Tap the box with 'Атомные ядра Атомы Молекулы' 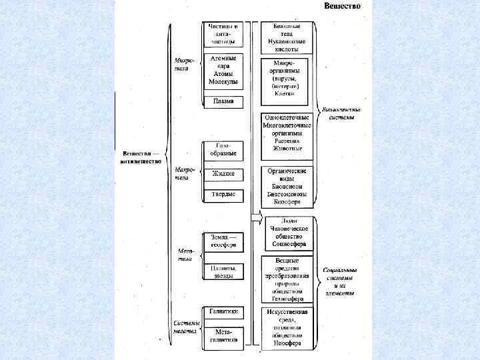[x=223, y=70]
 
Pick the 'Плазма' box [x=223, y=102]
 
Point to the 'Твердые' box [x=223, y=195]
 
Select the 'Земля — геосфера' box [x=223, y=241]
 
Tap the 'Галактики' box [x=223, y=311]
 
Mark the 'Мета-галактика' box [x=223, y=335]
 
